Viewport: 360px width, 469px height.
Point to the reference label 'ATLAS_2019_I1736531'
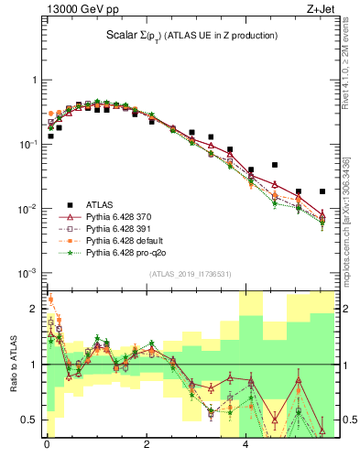[x=190, y=273]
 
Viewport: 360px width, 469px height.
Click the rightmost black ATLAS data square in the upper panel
[x=322, y=191]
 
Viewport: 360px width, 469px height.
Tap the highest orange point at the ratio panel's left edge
[x=50, y=299]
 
